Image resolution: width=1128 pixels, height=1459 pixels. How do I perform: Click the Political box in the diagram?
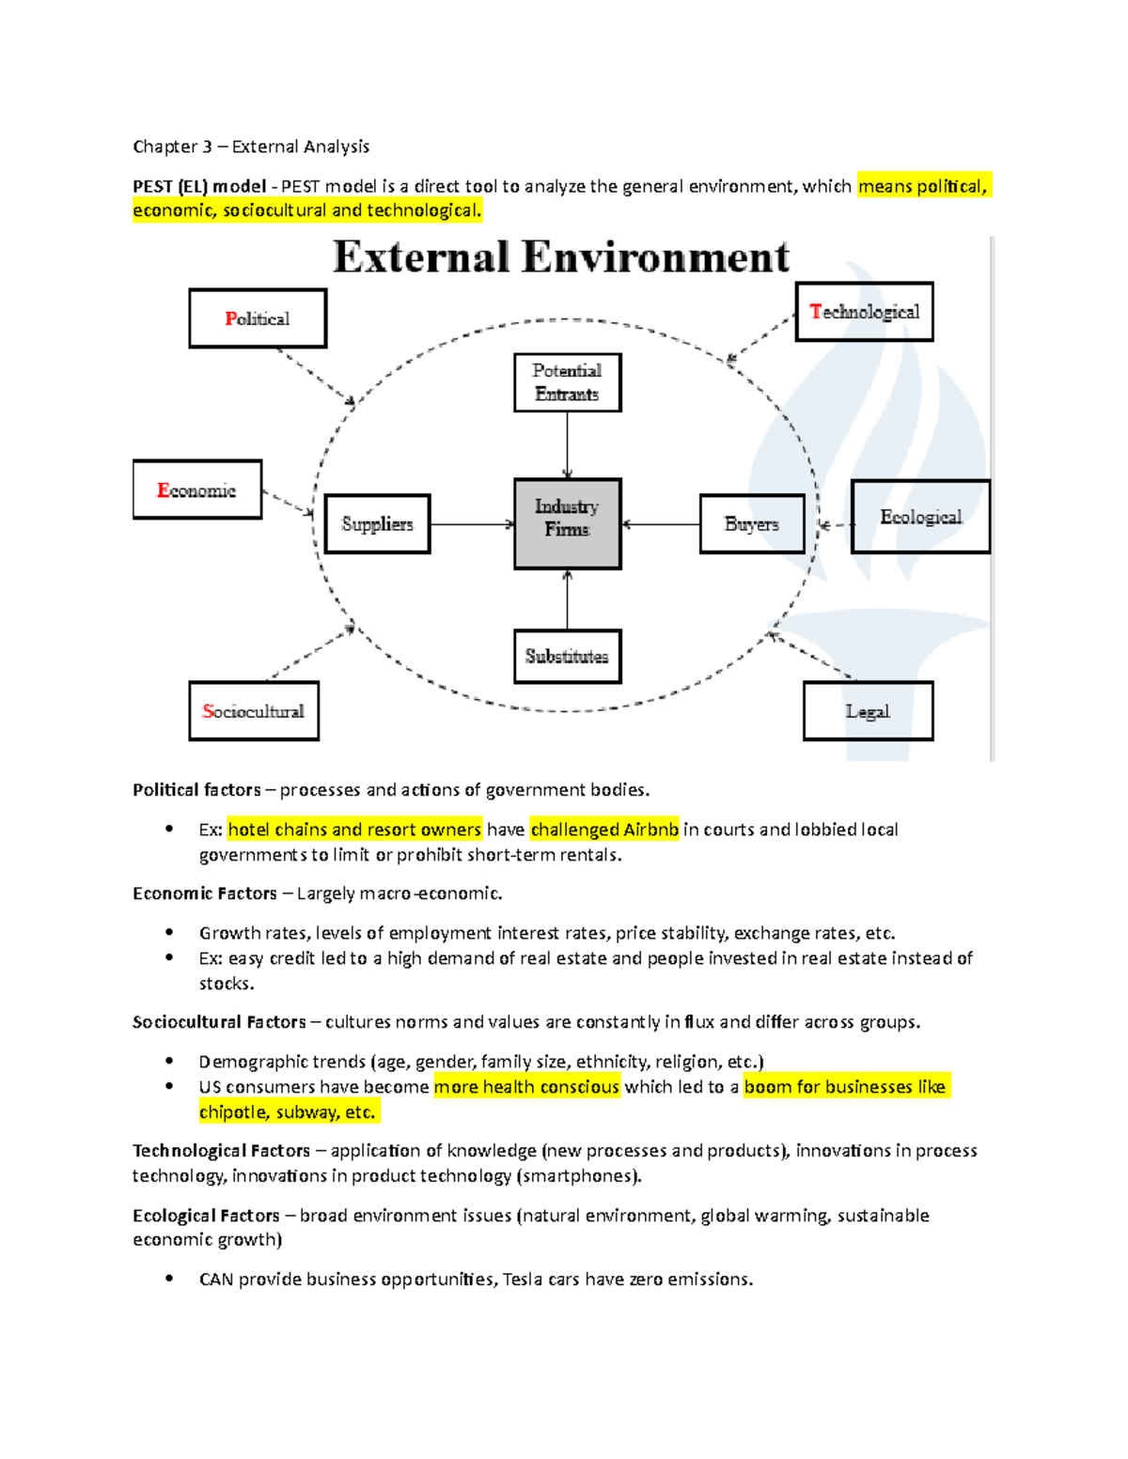[258, 318]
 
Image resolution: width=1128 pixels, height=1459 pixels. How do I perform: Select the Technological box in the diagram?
[864, 312]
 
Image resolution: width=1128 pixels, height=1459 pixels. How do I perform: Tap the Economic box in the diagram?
[197, 489]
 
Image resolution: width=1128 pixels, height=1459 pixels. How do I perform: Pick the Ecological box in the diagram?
[920, 517]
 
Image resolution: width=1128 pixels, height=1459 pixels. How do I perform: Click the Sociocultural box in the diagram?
[254, 711]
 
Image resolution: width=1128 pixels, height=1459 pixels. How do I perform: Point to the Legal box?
[868, 711]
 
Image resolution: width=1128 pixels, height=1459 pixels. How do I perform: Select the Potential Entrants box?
[567, 382]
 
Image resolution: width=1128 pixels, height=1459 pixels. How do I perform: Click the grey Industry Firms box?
[567, 523]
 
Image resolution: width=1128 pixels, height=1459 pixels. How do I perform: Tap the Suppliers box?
[377, 523]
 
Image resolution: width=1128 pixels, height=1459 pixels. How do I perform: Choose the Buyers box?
[752, 523]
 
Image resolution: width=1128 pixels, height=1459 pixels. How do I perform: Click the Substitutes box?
[567, 656]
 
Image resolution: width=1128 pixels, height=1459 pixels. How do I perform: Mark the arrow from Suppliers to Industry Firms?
[472, 524]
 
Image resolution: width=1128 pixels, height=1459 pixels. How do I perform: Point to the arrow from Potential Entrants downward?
[567, 445]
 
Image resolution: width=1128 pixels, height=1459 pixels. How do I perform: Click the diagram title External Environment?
[561, 257]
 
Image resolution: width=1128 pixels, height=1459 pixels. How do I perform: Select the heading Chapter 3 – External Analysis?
[251, 147]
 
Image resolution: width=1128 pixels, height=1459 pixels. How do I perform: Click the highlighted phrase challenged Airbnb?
[604, 830]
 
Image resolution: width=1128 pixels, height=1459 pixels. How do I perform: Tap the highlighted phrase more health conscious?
[526, 1087]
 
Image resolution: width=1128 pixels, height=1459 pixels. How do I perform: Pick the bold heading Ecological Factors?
[206, 1216]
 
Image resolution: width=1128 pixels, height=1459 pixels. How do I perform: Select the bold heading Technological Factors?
[221, 1151]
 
